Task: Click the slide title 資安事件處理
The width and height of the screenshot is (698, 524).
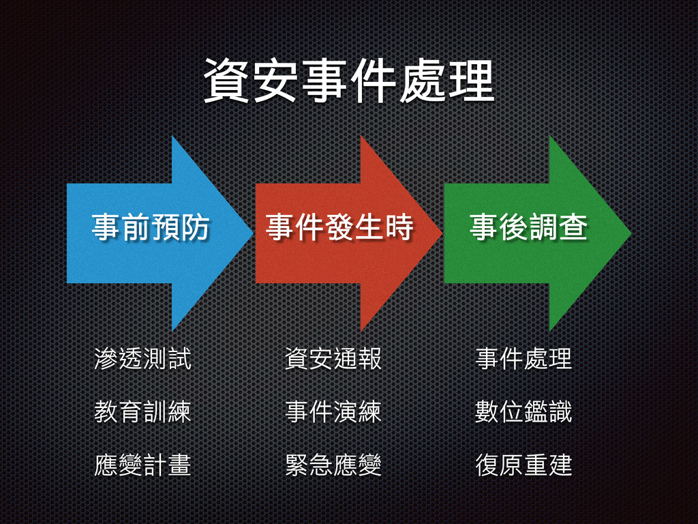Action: click(348, 81)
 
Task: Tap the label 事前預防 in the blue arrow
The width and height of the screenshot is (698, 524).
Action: click(151, 227)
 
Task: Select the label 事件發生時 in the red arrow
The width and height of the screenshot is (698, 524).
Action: click(339, 227)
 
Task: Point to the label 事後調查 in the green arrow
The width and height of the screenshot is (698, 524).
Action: click(528, 227)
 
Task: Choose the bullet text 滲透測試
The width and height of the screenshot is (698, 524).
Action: click(142, 359)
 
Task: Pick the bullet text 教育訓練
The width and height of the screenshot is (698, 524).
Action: click(142, 412)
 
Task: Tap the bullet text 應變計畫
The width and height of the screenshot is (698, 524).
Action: click(142, 465)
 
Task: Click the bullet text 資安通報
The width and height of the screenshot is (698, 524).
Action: click(333, 359)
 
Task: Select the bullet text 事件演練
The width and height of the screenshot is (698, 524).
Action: click(333, 412)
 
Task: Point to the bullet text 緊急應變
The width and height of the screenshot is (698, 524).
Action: click(333, 465)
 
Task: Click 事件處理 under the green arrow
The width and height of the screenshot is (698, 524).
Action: click(523, 359)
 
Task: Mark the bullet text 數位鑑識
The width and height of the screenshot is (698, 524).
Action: click(523, 412)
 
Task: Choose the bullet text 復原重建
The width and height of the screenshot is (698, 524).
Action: click(523, 465)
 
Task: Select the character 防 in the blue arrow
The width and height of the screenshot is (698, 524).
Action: click(195, 227)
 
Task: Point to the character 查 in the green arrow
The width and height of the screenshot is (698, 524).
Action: click(573, 227)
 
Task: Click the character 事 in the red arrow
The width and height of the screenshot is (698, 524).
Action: click(280, 227)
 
